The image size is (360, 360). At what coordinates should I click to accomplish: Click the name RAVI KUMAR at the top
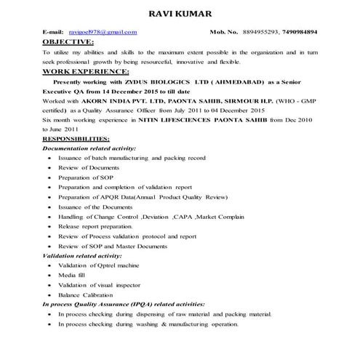coord(180,14)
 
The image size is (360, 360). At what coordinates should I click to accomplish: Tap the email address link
coord(103,33)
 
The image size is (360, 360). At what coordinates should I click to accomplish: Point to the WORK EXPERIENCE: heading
coord(87,72)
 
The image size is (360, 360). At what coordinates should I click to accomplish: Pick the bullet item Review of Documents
coord(89,167)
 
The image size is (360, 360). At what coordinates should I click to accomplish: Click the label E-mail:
coord(54,33)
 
